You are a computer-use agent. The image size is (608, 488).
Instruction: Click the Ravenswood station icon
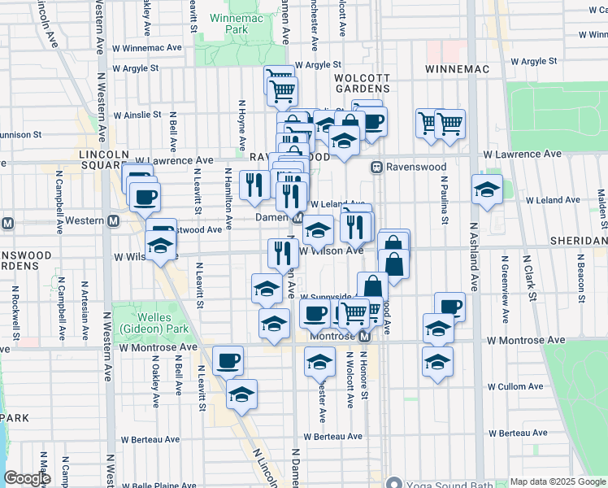pos(377,167)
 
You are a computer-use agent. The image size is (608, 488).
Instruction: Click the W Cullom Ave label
pos(515,387)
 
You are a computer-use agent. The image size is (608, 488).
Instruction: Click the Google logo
pos(28,479)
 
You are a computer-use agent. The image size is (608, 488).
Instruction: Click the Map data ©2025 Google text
pos(558,481)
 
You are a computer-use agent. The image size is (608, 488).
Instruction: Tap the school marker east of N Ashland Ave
pos(487,190)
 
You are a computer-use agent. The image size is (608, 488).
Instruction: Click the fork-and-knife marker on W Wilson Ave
pos(283,253)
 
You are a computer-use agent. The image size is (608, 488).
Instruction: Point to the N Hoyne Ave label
pos(241,126)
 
